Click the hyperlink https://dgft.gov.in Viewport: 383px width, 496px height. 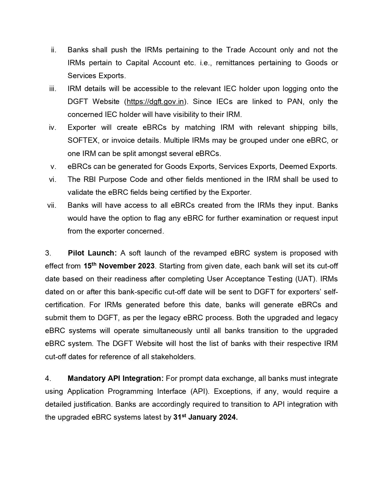tap(155, 102)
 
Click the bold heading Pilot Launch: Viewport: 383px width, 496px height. tap(92, 253)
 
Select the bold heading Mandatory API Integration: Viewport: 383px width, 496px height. tap(116, 378)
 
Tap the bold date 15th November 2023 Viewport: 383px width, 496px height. tap(119, 266)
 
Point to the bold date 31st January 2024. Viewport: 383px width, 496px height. tap(205, 417)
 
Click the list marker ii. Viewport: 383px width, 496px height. tap(54, 50)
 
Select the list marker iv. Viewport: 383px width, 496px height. tap(53, 127)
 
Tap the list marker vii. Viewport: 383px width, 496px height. tap(52, 205)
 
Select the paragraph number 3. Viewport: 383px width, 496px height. tap(48, 253)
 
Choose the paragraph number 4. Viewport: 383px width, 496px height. tap(48, 378)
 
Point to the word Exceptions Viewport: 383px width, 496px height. tap(232, 391)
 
